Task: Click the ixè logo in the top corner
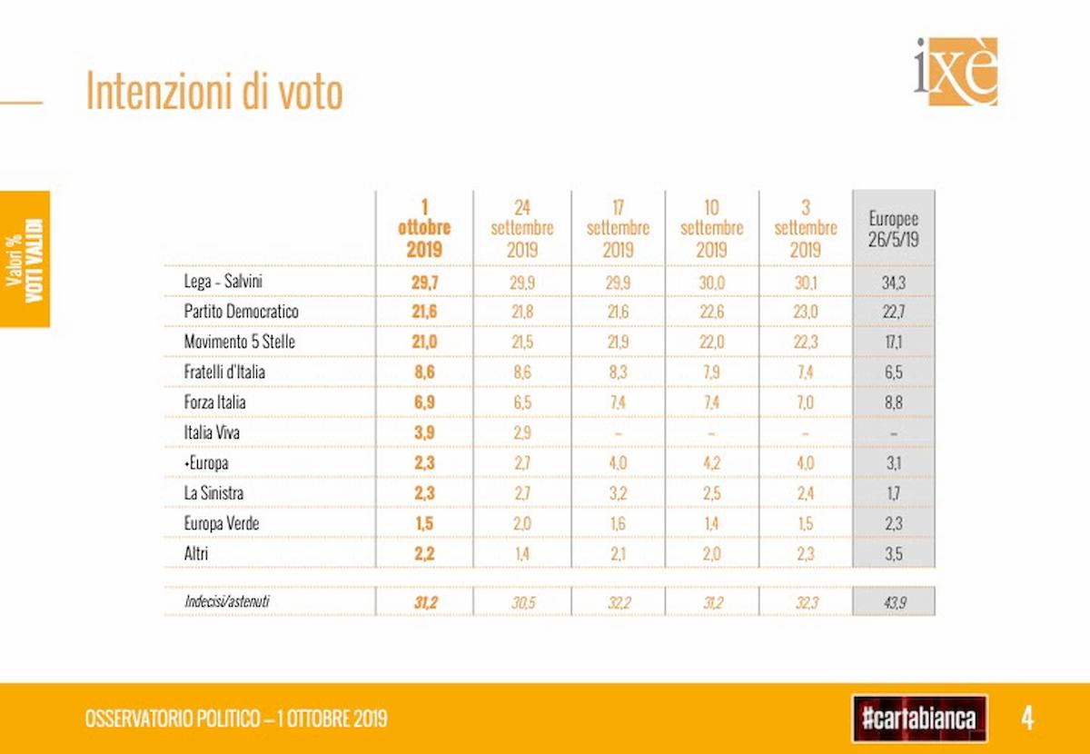point(956,71)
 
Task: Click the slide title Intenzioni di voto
point(214,92)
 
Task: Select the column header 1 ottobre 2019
point(424,228)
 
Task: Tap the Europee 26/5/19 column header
point(894,228)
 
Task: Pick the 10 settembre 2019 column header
point(711,228)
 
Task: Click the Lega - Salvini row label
point(223,282)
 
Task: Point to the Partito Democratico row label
point(241,312)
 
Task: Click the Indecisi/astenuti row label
point(226,600)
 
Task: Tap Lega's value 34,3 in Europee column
point(894,283)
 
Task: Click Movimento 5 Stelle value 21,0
point(424,342)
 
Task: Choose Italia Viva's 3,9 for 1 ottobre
point(424,432)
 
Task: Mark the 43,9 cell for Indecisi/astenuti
point(894,600)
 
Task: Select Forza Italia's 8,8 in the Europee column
point(894,402)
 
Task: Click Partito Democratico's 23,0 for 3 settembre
point(805,313)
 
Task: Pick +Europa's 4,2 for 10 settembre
point(711,462)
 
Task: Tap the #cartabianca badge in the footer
point(919,719)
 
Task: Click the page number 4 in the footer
point(1027,719)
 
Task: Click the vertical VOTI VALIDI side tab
point(25,259)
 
